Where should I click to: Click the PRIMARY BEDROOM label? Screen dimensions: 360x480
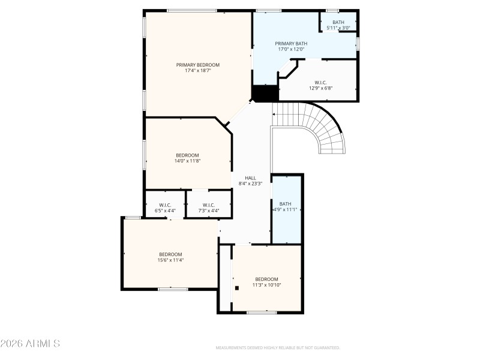click(197, 65)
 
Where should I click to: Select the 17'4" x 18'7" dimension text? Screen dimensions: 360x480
click(197, 71)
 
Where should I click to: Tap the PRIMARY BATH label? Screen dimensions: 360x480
click(291, 43)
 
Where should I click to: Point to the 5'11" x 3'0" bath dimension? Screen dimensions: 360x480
click(338, 28)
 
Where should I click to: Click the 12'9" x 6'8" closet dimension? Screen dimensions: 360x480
click(320, 88)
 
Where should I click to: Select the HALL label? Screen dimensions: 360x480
click(250, 178)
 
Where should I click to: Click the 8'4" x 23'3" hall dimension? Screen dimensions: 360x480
click(250, 184)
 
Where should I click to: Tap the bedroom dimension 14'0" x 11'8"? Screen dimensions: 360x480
click(187, 161)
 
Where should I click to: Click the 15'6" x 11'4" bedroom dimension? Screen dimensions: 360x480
click(170, 260)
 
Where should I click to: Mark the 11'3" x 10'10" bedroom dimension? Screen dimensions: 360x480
click(266, 285)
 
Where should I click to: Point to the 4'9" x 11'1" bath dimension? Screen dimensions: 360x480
click(286, 209)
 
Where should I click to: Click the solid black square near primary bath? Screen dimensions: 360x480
click(265, 94)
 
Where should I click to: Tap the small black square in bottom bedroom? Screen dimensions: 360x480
click(237, 287)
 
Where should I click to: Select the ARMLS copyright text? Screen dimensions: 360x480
click(30, 344)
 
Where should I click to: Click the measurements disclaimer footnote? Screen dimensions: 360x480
click(277, 347)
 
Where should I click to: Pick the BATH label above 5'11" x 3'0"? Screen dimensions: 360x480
click(338, 22)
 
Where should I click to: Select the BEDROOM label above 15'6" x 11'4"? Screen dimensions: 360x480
click(170, 254)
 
